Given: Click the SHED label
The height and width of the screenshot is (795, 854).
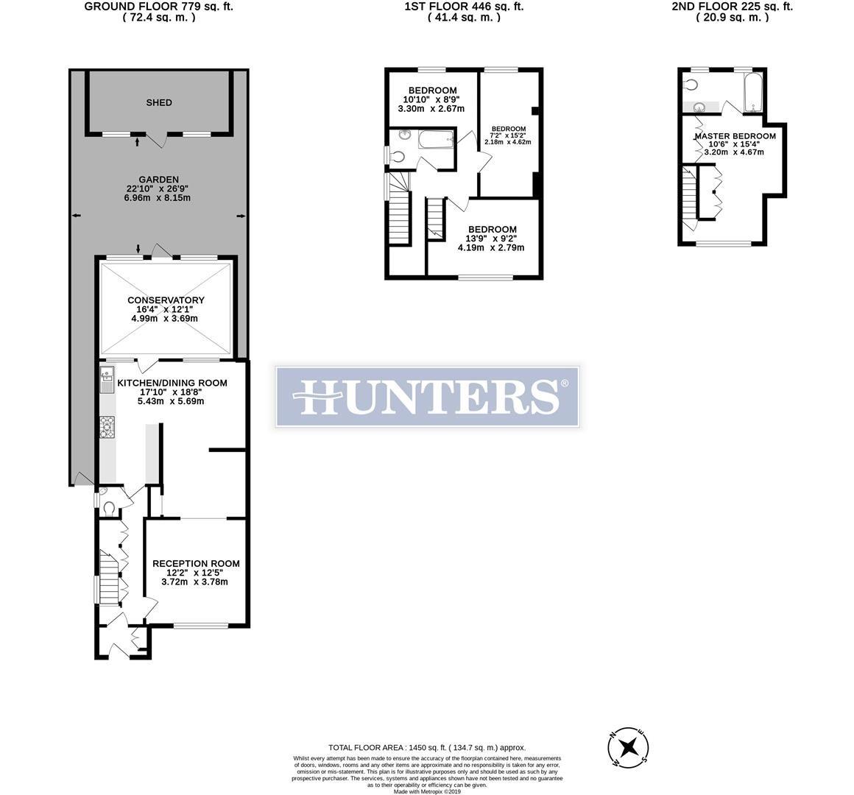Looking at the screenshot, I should click(x=159, y=102).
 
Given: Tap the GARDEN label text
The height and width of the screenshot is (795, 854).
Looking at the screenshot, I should click(x=158, y=179).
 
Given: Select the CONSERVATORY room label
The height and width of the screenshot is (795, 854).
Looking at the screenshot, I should click(x=166, y=300).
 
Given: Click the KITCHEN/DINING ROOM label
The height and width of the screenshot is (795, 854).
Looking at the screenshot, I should click(x=172, y=383).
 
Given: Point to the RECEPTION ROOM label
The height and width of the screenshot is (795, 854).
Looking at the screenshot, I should click(x=196, y=564).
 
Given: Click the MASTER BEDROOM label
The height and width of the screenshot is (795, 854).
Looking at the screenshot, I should click(x=735, y=136).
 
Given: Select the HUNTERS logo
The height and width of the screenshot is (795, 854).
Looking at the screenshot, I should click(x=427, y=396).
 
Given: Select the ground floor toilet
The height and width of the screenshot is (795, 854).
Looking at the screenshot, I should click(x=108, y=506).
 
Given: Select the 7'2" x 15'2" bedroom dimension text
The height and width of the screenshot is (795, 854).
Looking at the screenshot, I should click(x=508, y=135).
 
